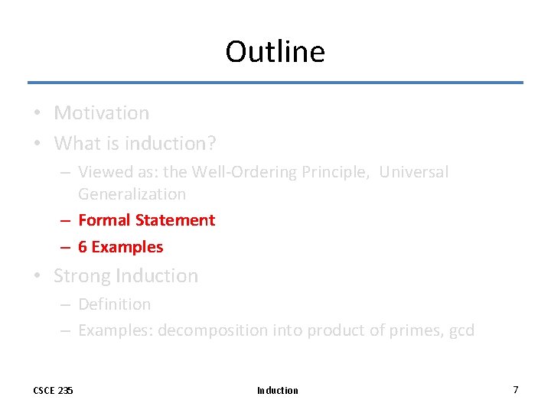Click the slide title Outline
275,52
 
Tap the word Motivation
101,113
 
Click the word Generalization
132,194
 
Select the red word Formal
104,220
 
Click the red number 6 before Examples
83,247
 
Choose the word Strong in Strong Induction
82,276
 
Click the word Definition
114,304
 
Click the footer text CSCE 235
53,390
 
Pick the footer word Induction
277,390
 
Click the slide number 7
515,389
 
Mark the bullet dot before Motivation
37,114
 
